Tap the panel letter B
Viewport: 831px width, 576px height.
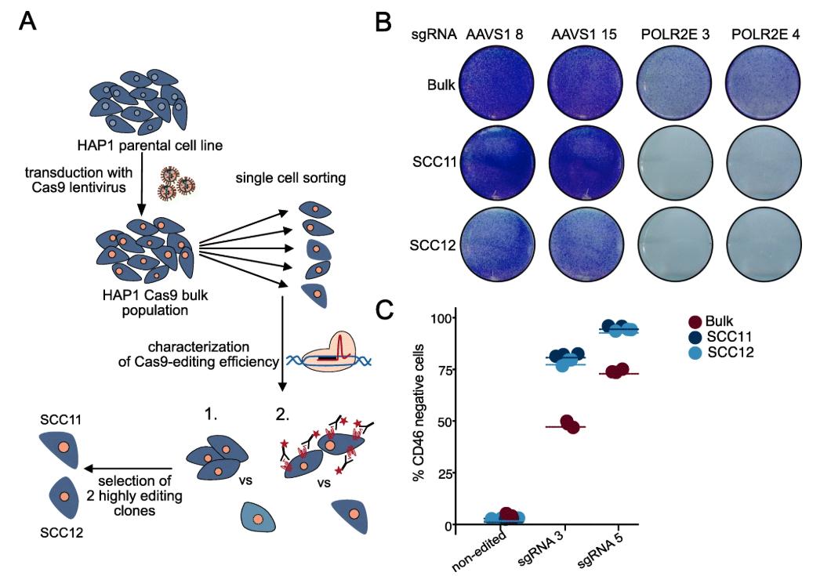click(384, 20)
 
